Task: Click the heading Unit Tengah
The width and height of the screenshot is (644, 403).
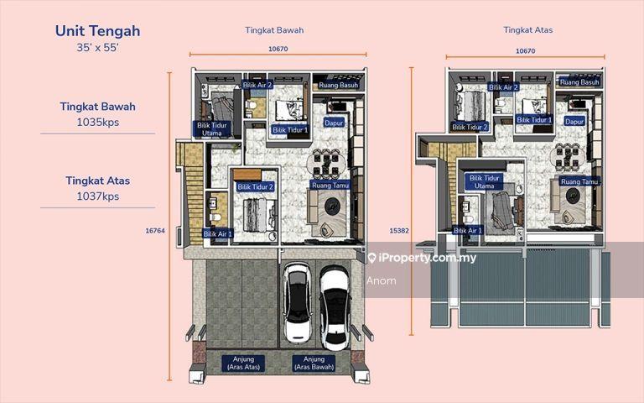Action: [x=98, y=31]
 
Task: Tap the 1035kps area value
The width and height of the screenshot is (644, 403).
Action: [x=98, y=122]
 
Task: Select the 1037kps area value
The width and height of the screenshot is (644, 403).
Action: [x=98, y=196]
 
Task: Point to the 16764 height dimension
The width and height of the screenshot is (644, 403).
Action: [x=155, y=231]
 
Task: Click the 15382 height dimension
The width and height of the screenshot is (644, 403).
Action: [x=399, y=231]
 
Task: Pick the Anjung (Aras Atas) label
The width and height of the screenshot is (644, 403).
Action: [x=243, y=363]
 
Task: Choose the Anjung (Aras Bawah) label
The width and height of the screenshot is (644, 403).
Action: [x=314, y=363]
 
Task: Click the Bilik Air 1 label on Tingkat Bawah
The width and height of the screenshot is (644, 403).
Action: [x=218, y=233]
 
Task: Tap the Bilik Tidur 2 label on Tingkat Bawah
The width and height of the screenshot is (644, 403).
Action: [x=255, y=186]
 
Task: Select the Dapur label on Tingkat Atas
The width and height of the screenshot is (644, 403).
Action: [x=574, y=121]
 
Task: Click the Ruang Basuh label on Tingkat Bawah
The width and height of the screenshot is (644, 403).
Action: [x=339, y=85]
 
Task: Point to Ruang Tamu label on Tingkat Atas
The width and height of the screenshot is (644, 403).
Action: [x=579, y=181]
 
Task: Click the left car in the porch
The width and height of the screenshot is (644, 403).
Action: [x=298, y=303]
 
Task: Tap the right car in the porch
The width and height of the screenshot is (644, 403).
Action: [x=335, y=307]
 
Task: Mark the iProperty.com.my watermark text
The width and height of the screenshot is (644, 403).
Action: [x=423, y=258]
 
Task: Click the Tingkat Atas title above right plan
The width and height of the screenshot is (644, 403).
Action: [x=527, y=30]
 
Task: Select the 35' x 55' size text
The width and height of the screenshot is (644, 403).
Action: [x=98, y=48]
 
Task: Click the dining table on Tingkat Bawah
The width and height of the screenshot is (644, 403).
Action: [x=325, y=162]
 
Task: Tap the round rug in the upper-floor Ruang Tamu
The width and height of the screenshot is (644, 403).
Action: [x=573, y=196]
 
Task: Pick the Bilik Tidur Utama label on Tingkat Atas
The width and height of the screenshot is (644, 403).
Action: [x=484, y=181]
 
